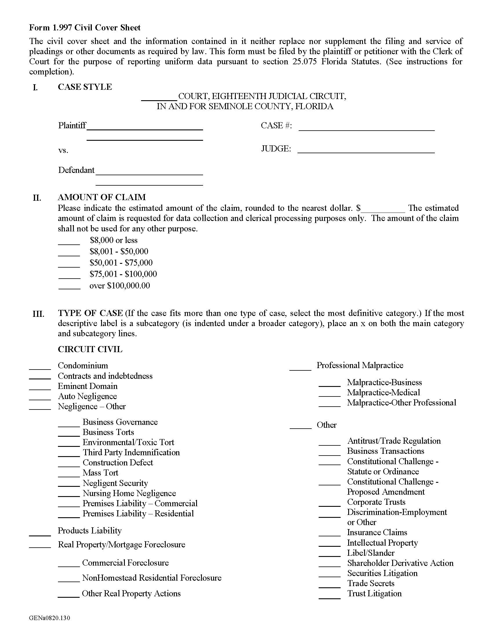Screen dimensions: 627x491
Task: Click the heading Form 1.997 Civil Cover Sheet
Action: coord(85,28)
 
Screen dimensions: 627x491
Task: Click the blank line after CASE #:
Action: coord(366,129)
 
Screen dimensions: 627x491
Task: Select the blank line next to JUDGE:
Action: coord(366,151)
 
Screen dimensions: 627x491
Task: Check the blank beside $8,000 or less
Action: coord(69,243)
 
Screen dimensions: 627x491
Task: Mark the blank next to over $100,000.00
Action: coord(69,288)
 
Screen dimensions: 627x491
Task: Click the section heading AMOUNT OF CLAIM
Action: coord(102,197)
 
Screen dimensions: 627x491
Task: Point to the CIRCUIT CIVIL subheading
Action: coord(90,349)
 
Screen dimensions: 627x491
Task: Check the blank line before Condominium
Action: coord(40,368)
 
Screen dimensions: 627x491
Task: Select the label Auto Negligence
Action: coord(87,396)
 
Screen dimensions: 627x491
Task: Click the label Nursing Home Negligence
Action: coord(129,493)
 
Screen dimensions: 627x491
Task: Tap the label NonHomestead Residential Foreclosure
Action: coord(152,578)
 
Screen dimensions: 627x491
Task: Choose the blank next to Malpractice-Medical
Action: coord(329,395)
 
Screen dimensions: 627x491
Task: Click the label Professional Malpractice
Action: coord(360,365)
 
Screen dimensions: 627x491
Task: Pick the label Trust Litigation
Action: coord(374,593)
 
